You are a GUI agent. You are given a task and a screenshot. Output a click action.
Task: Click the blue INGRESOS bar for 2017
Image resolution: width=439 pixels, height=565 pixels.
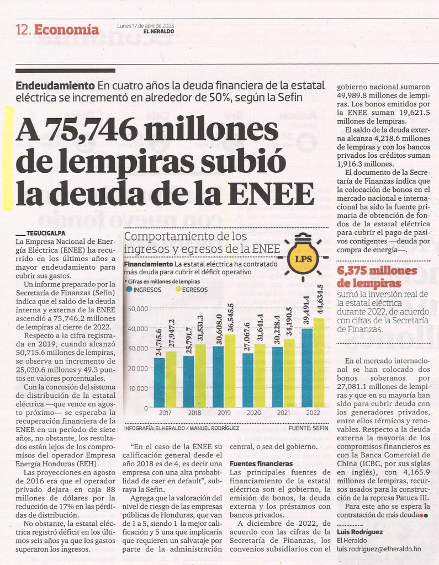(x=160, y=382)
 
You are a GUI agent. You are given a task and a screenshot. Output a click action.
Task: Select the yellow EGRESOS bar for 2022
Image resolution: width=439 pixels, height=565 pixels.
(x=319, y=363)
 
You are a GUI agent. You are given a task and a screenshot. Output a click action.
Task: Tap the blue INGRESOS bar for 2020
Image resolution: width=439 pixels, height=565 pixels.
(x=248, y=380)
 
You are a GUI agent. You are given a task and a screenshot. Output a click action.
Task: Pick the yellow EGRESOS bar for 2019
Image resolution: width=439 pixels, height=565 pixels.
(x=230, y=371)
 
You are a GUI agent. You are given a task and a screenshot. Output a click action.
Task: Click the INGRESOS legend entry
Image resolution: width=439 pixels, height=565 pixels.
(x=144, y=289)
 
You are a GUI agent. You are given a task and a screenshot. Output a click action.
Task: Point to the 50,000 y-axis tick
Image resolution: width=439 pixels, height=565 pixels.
(x=138, y=309)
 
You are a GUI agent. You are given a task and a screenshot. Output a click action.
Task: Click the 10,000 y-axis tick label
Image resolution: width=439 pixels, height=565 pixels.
(x=138, y=388)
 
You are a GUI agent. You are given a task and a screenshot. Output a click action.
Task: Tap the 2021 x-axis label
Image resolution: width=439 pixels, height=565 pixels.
(x=283, y=413)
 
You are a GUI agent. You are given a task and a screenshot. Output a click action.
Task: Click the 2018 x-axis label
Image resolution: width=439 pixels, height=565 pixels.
(x=195, y=413)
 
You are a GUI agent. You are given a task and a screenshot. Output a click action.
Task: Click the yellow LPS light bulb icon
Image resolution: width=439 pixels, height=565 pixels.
(x=303, y=257)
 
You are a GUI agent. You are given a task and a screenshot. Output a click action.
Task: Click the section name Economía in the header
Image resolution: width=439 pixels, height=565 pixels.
(x=66, y=30)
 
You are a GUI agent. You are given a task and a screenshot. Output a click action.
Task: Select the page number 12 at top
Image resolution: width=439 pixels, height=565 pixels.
(x=22, y=30)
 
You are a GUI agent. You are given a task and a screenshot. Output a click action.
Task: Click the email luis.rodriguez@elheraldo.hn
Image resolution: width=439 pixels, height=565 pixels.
(x=379, y=549)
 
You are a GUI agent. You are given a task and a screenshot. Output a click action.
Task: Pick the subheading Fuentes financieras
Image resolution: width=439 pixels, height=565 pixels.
(x=261, y=463)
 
